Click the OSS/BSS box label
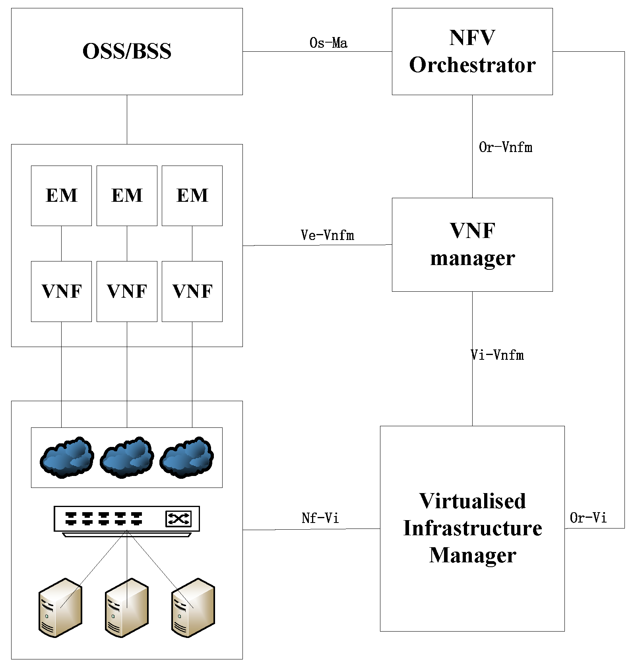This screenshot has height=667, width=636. pos(127,51)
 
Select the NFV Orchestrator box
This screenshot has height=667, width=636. pos(472,51)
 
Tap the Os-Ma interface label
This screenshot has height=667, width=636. pos(328,43)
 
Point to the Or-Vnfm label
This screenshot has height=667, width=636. pos(505,147)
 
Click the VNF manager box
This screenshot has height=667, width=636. pos(472,244)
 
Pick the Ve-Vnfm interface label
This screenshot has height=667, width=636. pos(327,235)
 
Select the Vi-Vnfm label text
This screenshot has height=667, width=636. pos(497,355)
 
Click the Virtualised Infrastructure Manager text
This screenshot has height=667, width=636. pos(472,528)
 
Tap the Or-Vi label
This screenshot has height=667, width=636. pos(588,518)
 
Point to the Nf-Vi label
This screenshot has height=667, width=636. pos(320,518)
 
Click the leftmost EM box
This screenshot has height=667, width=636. pos(61,195)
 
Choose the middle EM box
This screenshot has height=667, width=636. pos(127,195)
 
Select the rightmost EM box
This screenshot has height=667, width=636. pos(192,195)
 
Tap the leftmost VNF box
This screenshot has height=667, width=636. pos(61,291)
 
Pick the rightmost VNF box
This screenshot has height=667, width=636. pos(192,291)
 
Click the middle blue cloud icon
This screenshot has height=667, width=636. pos(127,457)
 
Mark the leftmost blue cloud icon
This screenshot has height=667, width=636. pos(67,457)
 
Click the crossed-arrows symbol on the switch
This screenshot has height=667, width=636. pos(178,519)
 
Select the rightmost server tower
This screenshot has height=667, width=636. pos(193,608)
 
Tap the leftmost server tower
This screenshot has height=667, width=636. pos(60,608)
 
